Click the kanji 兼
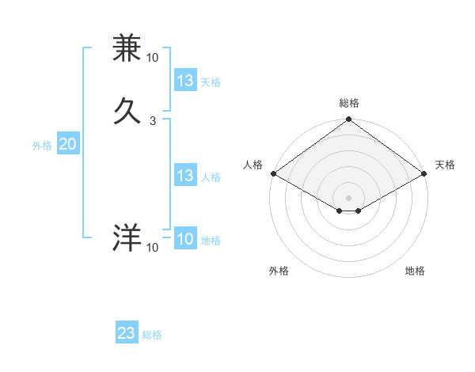(x=127, y=49)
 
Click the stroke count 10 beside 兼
(x=152, y=58)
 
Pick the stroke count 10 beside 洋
(x=152, y=248)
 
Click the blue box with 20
(x=67, y=144)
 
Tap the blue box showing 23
(x=127, y=333)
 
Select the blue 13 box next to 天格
(x=185, y=81)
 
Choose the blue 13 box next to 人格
(x=185, y=176)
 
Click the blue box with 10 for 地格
(x=185, y=239)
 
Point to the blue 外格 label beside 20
(x=42, y=146)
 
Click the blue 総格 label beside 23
(x=152, y=335)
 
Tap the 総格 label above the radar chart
(x=349, y=103)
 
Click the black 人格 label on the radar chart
(x=253, y=165)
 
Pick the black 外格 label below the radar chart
(x=279, y=271)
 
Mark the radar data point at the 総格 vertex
(x=349, y=120)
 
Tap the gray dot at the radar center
(x=349, y=197)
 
